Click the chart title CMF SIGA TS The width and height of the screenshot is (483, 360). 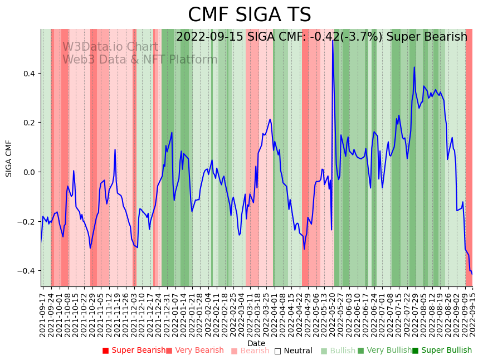(249, 15)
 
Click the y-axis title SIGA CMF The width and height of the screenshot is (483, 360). (9, 158)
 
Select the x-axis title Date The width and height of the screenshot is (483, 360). (256, 343)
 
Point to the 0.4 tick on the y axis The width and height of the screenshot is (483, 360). (28, 74)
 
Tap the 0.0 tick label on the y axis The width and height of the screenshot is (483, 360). (28, 172)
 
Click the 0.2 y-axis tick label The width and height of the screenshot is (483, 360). (28, 123)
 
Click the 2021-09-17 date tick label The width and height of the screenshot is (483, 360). (43, 312)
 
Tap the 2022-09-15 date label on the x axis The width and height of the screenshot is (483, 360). (472, 312)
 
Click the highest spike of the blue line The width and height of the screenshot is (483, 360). (333, 40)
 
